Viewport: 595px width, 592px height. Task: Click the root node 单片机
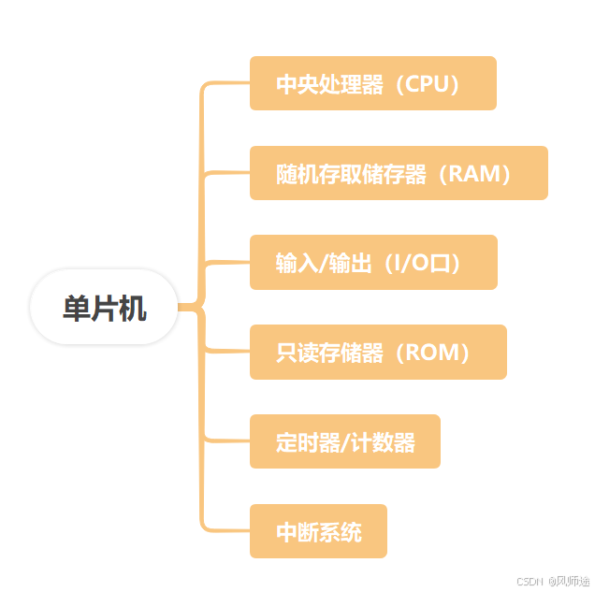104,308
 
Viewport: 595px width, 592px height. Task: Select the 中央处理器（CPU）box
372,83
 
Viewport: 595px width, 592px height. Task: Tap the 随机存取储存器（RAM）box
398,173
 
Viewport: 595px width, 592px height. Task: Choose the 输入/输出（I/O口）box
372,263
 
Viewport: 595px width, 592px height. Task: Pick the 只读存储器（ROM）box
377,353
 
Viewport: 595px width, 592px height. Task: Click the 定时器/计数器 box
344,441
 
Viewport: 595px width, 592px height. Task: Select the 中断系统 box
318,531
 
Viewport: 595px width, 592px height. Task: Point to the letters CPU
428,84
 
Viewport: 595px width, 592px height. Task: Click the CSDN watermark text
530,581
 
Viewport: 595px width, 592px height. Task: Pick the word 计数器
384,442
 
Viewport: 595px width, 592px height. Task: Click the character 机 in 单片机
132,309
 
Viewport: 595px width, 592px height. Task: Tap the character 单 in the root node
76,309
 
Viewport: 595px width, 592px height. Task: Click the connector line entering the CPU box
226,83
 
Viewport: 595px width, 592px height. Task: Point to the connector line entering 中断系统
226,530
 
